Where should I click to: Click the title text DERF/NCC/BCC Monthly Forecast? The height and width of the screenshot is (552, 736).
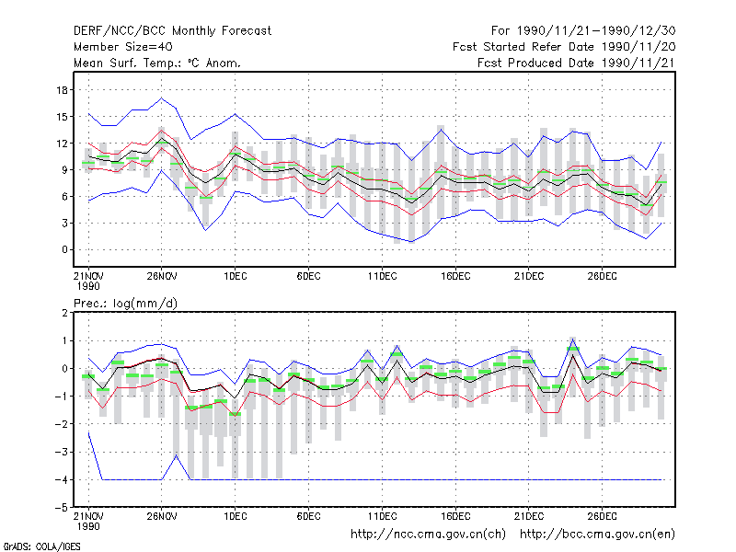(172, 31)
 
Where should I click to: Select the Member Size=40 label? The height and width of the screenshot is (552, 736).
(123, 47)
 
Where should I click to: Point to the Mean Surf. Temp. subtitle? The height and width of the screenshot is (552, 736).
(157, 63)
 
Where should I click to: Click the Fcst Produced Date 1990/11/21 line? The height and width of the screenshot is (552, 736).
(577, 63)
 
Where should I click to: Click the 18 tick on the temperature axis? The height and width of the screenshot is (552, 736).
(63, 89)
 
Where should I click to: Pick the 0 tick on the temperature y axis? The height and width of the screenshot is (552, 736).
(64, 249)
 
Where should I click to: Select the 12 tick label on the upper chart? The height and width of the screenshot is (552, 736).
(63, 144)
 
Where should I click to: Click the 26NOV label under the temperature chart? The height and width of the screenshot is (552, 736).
(162, 276)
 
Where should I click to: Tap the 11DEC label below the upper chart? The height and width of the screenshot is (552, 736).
(382, 276)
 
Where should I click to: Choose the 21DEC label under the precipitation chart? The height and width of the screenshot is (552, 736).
(528, 516)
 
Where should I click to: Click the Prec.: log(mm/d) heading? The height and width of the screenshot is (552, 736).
(126, 304)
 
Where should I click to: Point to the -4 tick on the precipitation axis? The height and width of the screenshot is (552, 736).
(61, 479)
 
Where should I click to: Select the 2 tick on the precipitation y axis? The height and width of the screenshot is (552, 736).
(64, 313)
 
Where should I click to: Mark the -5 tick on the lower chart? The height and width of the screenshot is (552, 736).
(61, 508)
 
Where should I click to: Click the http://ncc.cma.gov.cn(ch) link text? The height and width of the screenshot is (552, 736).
(428, 535)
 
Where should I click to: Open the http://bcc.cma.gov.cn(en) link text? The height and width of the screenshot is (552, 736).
(597, 535)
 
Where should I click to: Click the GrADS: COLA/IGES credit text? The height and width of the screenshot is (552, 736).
(41, 546)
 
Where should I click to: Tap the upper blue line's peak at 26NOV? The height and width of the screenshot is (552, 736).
(162, 98)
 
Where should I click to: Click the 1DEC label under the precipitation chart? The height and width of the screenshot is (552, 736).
(236, 516)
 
